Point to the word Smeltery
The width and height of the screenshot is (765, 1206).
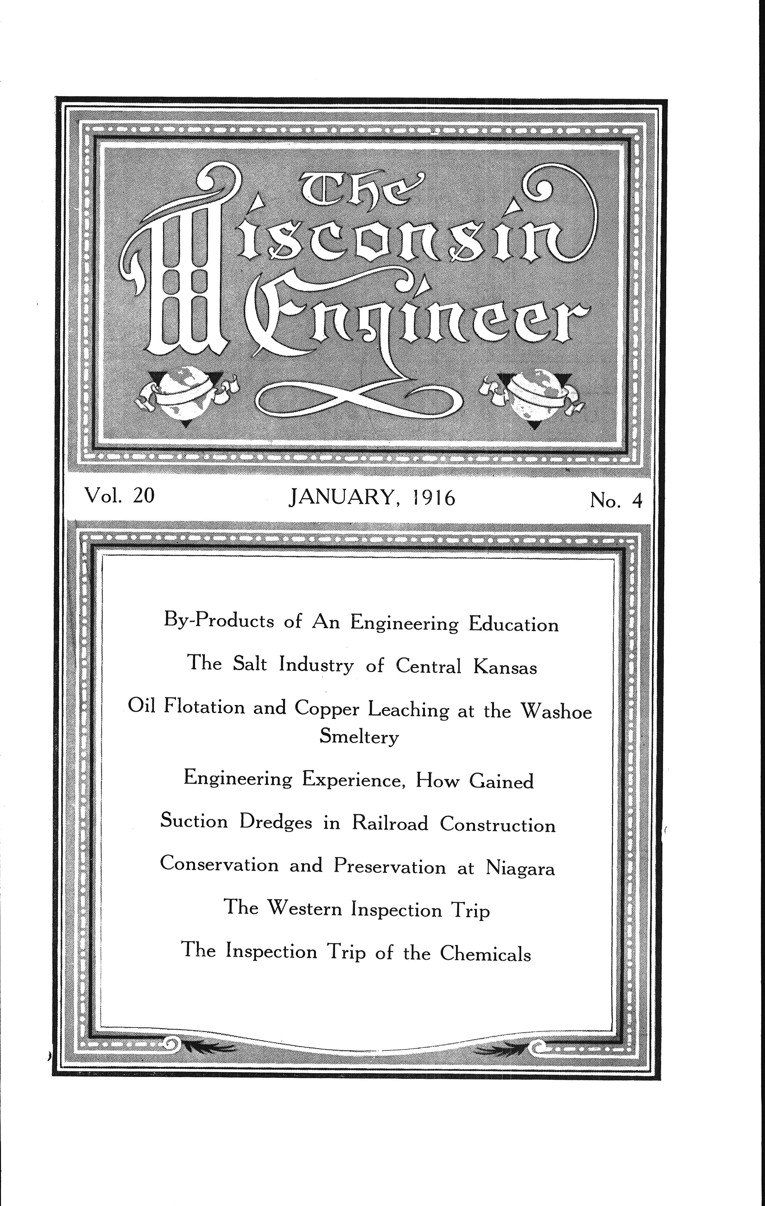pos(359,736)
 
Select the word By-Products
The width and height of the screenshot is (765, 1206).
pos(219,621)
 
